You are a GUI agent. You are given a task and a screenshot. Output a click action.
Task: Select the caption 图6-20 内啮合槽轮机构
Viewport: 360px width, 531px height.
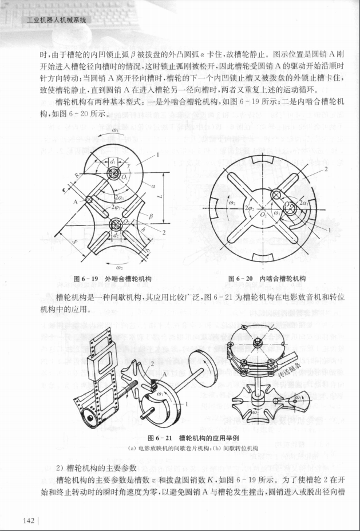(267, 279)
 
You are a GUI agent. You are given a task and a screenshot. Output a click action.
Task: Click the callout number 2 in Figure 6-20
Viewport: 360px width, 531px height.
(326, 170)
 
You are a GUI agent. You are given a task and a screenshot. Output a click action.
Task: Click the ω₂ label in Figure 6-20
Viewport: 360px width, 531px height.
(232, 203)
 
